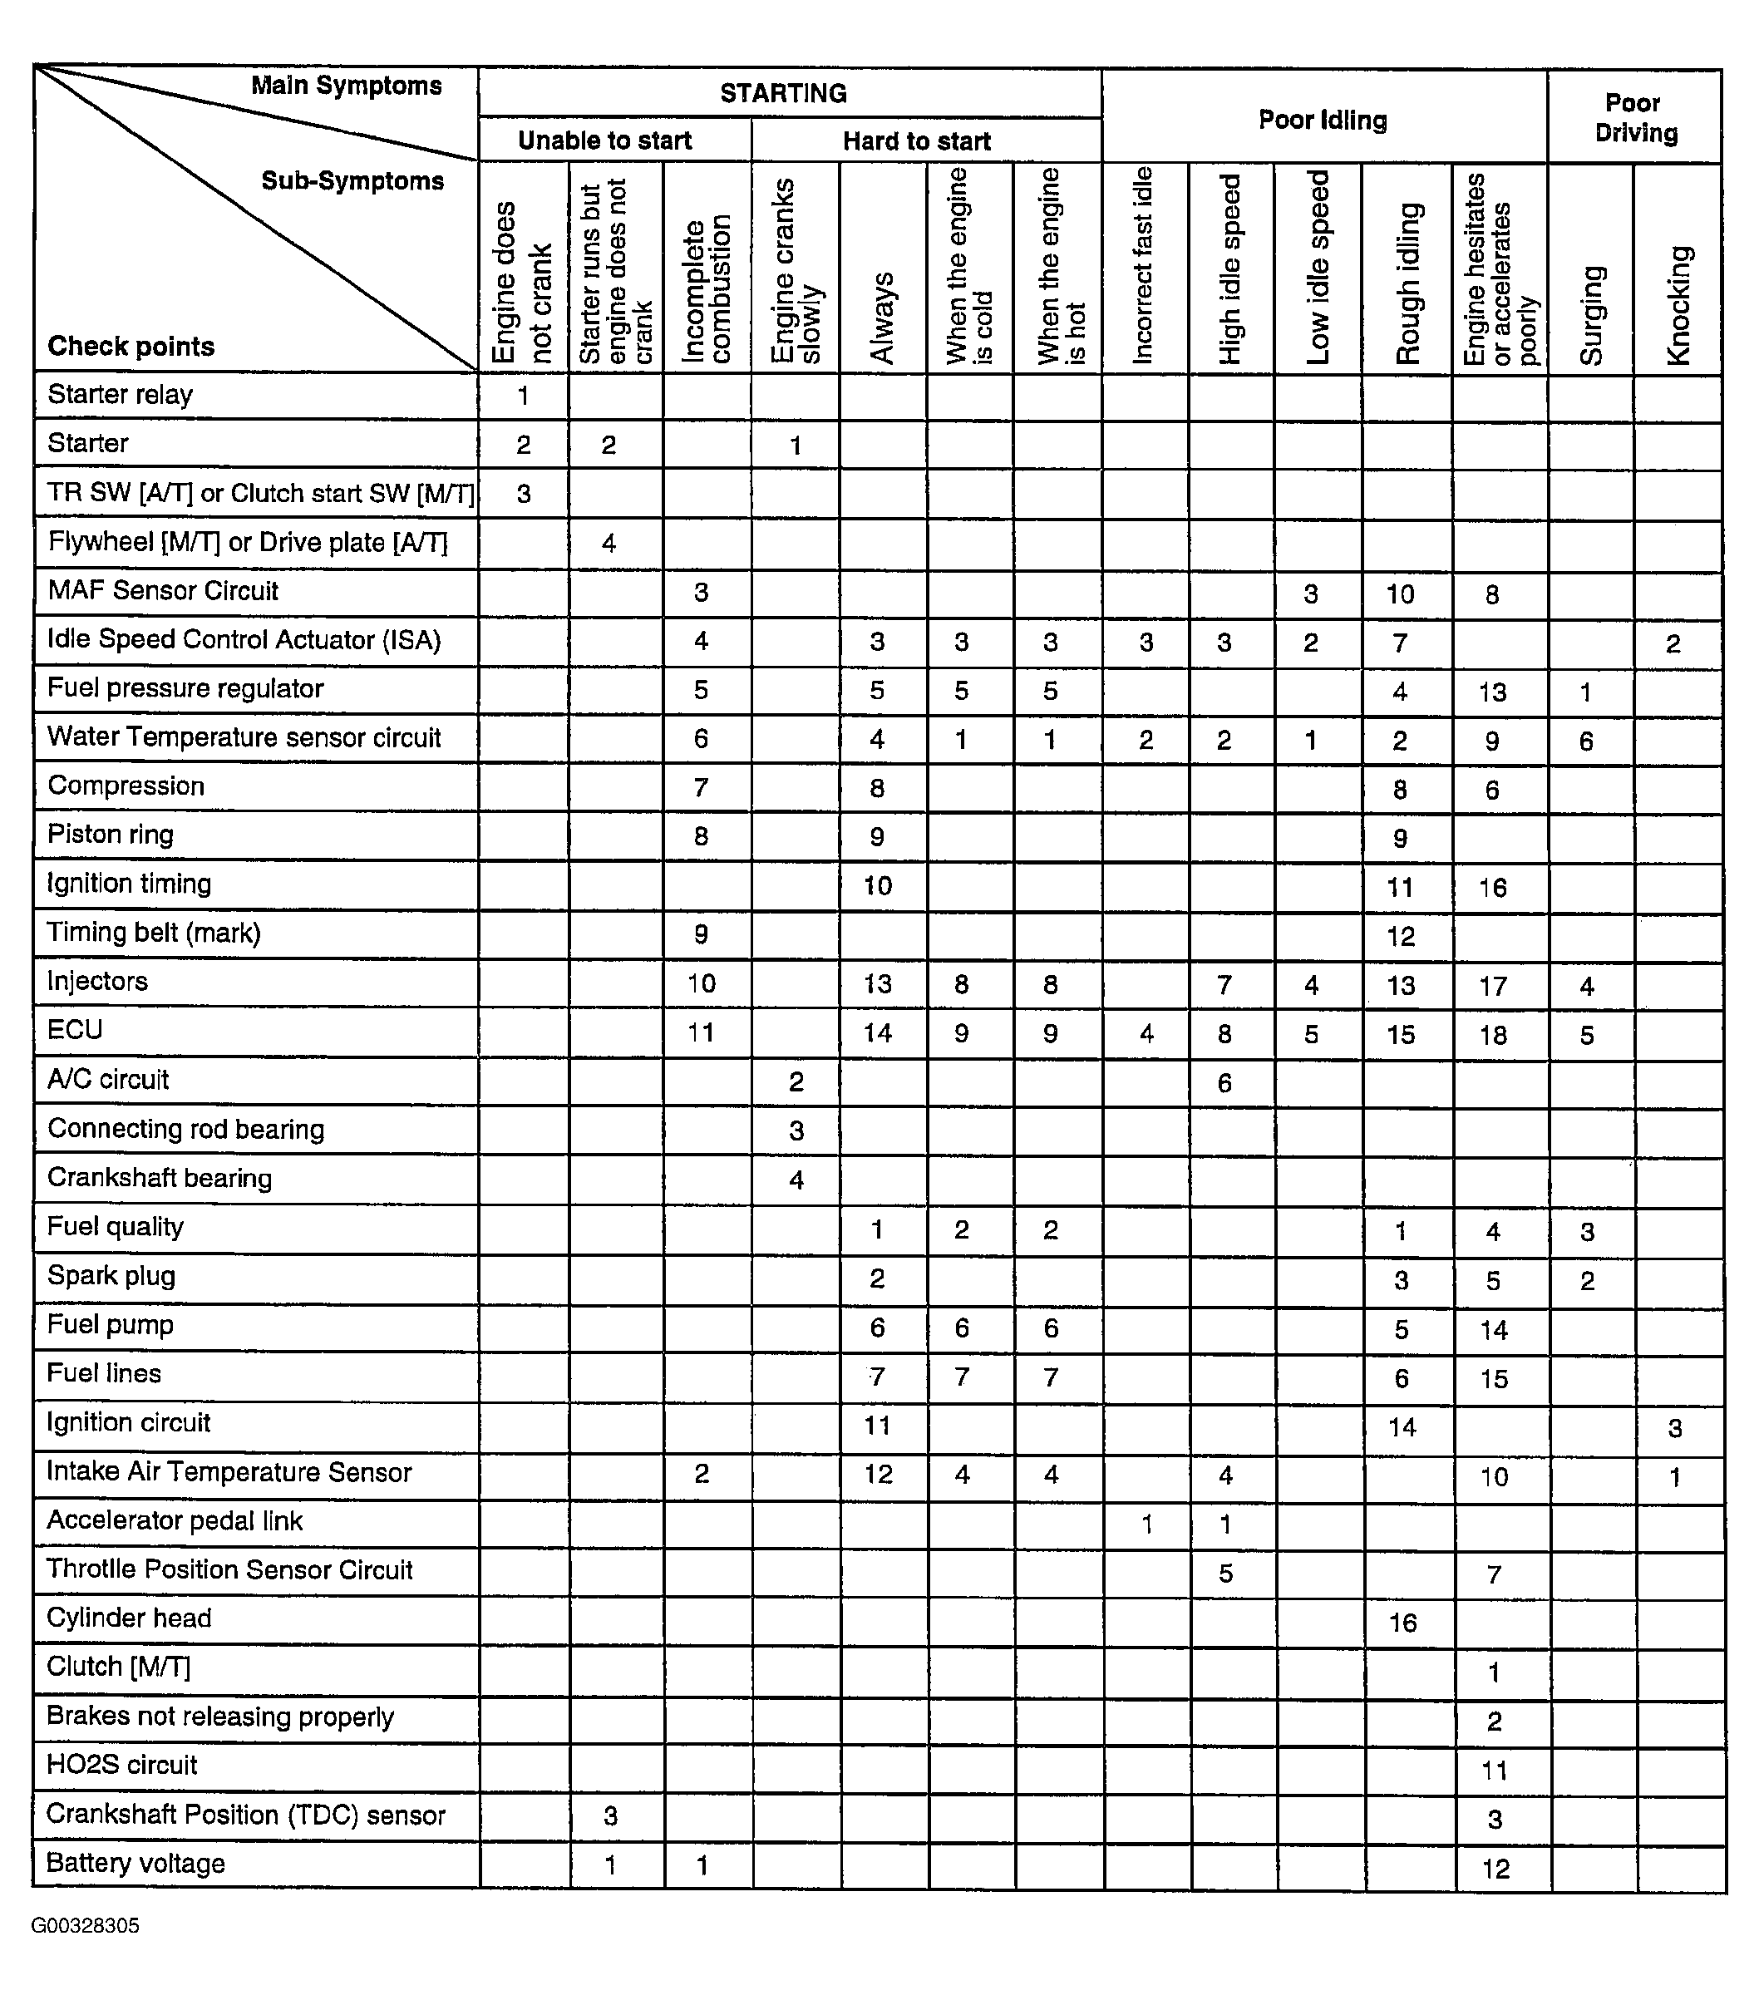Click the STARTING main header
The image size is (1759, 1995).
pos(783,94)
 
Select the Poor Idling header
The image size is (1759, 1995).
pos(1323,120)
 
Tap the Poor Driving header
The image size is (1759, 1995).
pos(1635,117)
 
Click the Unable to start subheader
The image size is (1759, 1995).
pos(604,140)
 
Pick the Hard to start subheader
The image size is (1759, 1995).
pos(917,141)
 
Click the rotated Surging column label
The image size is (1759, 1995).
pos(1591,315)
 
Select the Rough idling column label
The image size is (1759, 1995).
pos(1407,283)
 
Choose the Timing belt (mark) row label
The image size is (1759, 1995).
pos(155,933)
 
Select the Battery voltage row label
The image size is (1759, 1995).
pos(135,1863)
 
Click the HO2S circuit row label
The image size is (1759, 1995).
pos(122,1765)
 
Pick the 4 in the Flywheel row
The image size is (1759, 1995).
pos(609,543)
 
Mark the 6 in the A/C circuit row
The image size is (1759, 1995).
pos(1225,1082)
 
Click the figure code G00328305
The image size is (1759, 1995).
pos(85,1926)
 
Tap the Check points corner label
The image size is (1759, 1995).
pos(131,347)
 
